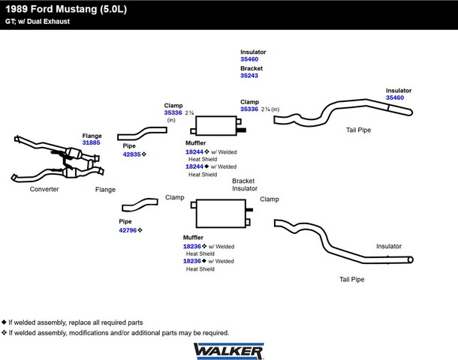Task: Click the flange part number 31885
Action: [x=91, y=142]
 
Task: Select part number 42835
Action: [x=132, y=154]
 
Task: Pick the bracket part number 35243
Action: [x=249, y=75]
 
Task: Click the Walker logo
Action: [x=228, y=350]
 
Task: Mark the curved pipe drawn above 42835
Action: [x=142, y=133]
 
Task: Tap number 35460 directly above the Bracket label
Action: [x=249, y=59]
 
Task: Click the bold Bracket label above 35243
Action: [x=251, y=68]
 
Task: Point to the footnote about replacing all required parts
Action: [x=75, y=322]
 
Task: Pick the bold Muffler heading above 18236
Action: [x=194, y=238]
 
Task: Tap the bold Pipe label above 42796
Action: [x=125, y=222]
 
